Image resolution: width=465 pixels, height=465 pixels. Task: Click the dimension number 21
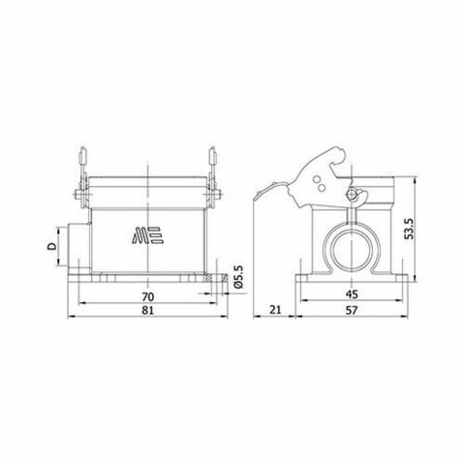pos(274,310)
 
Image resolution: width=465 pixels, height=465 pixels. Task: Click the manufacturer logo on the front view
pos(145,237)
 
